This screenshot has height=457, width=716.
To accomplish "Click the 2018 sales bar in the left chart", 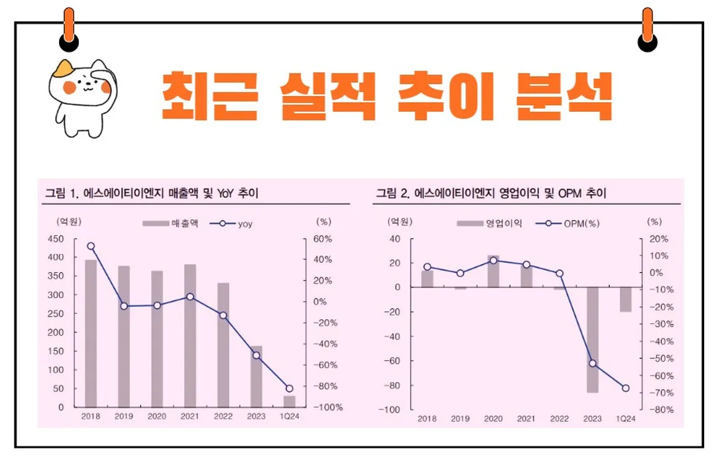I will (91, 333).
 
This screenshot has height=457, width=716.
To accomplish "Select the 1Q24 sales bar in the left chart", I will (290, 401).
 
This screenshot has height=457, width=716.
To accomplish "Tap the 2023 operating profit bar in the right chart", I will (592, 339).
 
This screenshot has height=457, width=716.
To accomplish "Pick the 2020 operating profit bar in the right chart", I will (493, 271).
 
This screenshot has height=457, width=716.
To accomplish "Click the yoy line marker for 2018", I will (91, 246).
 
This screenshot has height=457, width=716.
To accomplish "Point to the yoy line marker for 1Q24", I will (289, 389).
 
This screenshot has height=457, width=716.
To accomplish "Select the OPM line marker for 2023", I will (592, 364).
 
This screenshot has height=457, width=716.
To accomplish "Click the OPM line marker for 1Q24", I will (625, 388).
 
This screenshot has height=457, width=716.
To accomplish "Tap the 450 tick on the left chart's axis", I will (56, 239).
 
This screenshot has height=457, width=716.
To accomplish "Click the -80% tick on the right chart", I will (660, 410).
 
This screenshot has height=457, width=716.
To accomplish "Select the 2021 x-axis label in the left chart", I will (190, 417).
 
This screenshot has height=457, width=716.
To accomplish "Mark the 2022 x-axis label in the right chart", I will (559, 419).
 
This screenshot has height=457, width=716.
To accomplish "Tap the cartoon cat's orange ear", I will (64, 67).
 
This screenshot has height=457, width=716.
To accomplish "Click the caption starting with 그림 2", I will (491, 194).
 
